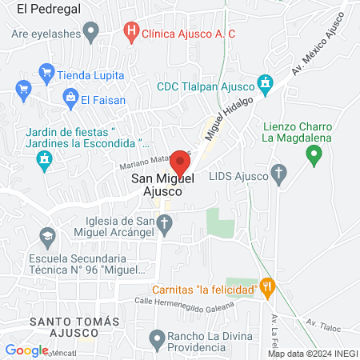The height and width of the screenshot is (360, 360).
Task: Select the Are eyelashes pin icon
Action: [x=91, y=34]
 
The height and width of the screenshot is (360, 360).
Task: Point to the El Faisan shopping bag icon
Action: [x=71, y=99]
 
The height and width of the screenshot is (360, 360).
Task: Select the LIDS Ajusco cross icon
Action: [x=279, y=174]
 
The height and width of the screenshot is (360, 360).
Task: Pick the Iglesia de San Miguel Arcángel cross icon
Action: [x=165, y=227]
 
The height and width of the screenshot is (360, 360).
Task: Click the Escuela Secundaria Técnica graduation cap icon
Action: [x=46, y=238]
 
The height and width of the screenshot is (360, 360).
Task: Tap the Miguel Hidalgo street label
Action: [x=222, y=119]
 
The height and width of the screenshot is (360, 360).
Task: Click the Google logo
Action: [x=26, y=350]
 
